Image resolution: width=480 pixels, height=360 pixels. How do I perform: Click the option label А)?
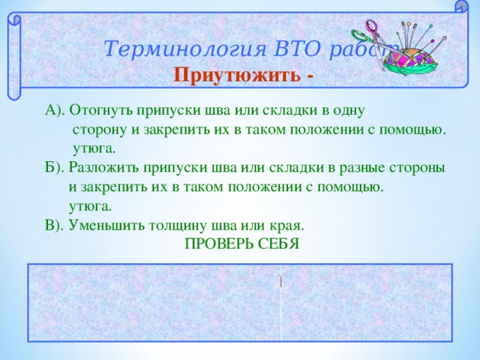point(55,111)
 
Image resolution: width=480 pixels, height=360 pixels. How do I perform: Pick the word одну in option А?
point(348,111)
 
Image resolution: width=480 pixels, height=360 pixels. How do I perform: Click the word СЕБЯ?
point(281,244)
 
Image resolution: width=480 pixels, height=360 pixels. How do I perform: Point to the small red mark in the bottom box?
point(280,282)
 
